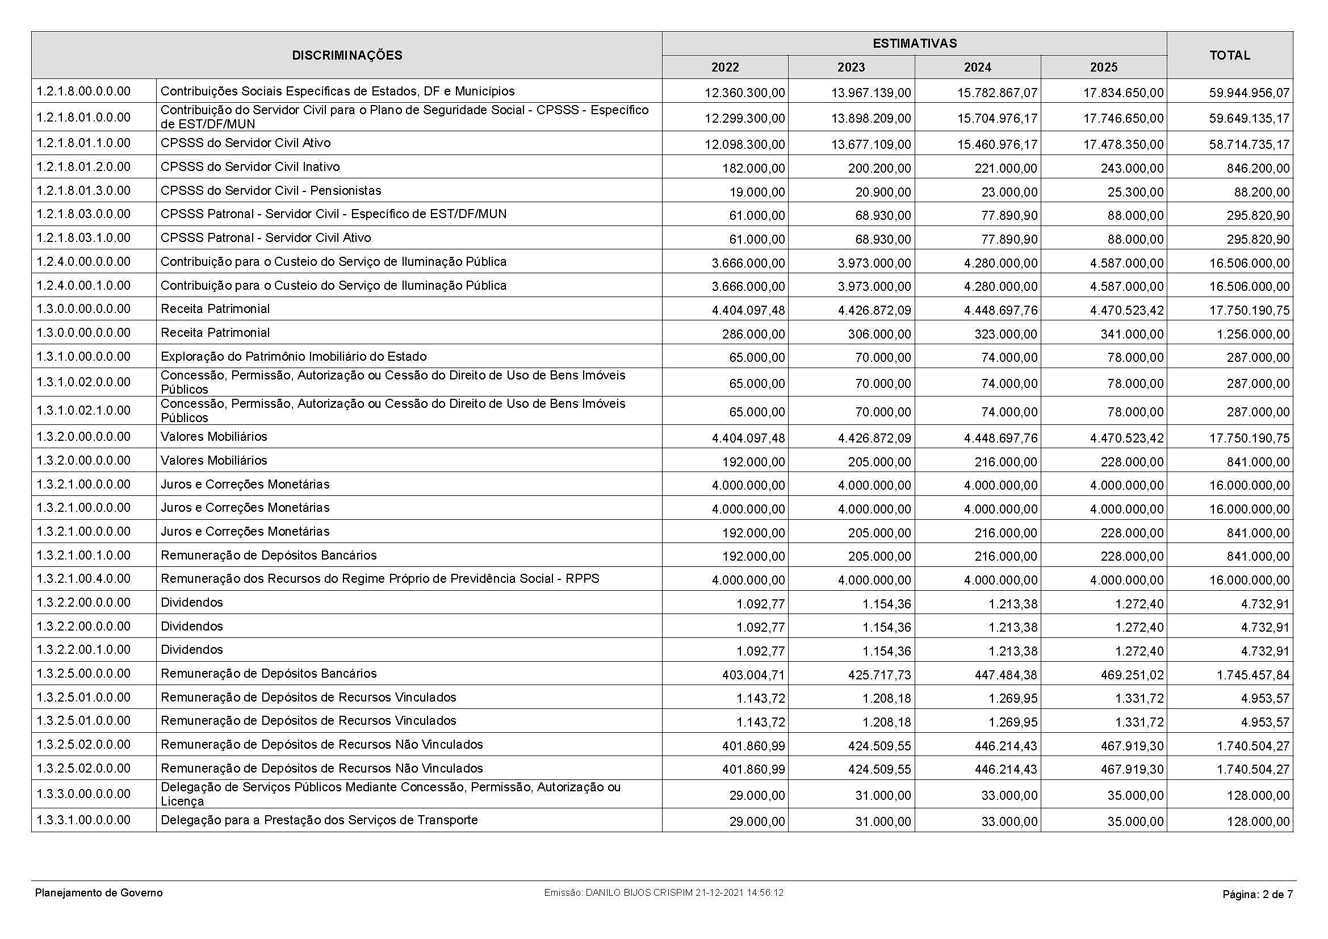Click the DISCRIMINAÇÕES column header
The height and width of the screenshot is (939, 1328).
(346, 56)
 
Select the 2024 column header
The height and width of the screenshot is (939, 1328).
(977, 68)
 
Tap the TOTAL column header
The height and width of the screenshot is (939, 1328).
(1230, 56)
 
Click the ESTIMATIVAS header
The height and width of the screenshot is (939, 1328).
(914, 43)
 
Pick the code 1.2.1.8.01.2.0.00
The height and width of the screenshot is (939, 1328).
(83, 167)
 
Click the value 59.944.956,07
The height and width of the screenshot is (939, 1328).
(1249, 93)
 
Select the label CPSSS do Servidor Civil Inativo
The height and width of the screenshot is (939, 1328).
(250, 167)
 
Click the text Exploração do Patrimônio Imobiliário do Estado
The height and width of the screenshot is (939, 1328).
(293, 356)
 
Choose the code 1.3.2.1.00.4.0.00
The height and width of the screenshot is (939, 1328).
(83, 578)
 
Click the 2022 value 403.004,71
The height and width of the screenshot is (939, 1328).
(753, 675)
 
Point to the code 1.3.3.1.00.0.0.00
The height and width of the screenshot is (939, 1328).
(83, 820)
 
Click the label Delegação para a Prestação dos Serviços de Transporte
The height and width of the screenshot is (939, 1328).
(319, 820)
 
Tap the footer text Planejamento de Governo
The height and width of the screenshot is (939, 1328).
(99, 893)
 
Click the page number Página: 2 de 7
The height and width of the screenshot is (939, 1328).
(1257, 895)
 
